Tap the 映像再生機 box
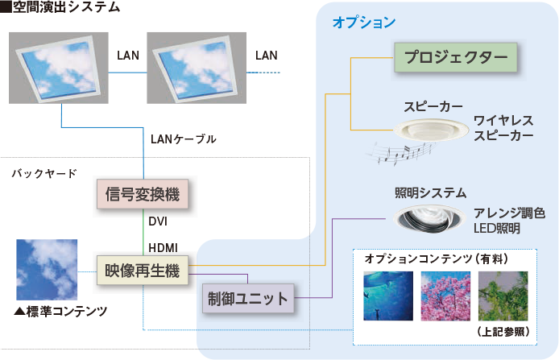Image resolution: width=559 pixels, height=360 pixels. pos(141,268)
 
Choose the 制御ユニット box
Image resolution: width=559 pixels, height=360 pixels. pos(246,299)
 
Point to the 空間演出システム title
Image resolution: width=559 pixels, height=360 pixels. pos(65,7)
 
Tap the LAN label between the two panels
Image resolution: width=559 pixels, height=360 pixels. pos(129,56)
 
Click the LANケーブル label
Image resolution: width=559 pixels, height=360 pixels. pos(184,139)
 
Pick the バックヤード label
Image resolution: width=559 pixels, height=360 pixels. pos(45,173)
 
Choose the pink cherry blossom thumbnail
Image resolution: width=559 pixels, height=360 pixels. pos(445,296)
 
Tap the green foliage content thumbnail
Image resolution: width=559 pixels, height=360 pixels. pos(503,296)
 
